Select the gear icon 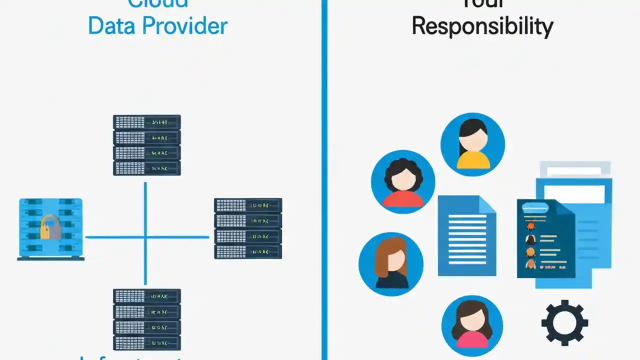tap(564, 322)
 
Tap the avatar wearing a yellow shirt tap(472, 145)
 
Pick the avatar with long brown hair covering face tap(391, 263)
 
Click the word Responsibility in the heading tap(482, 26)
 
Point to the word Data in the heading tap(115, 26)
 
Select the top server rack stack tap(146, 145)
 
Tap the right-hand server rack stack tap(248, 228)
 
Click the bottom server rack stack tap(146, 319)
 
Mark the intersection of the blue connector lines tap(145, 237)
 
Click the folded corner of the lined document tap(486, 203)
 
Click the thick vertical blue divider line tap(324, 180)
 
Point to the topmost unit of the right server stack tap(248, 205)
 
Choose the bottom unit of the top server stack tap(146, 168)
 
